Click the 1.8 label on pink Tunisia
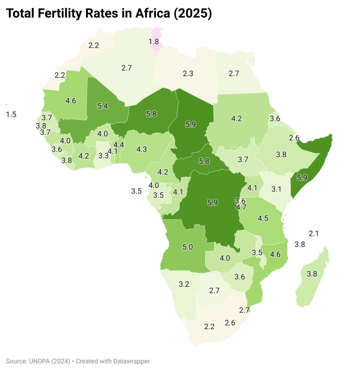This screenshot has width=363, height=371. pyautogui.click(x=154, y=42)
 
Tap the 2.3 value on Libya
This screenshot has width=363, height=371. pyautogui.click(x=188, y=74)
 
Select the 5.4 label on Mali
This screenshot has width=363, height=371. pyautogui.click(x=102, y=106)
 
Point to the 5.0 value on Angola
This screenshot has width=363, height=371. pyautogui.click(x=188, y=247)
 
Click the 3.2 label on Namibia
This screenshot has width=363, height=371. pyautogui.click(x=184, y=283)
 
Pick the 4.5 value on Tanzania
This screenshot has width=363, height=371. pyautogui.click(x=263, y=218)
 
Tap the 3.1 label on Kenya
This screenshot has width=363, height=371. pyautogui.click(x=276, y=189)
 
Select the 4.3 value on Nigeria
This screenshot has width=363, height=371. pyautogui.click(x=141, y=149)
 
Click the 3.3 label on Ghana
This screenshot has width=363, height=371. pyautogui.click(x=103, y=156)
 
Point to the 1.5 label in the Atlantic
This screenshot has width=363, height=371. pyautogui.click(x=11, y=115)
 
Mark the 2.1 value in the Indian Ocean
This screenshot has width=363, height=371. pyautogui.click(x=314, y=233)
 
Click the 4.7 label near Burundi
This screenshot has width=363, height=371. pyautogui.click(x=241, y=208)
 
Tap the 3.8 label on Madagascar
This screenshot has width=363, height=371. pyautogui.click(x=312, y=274)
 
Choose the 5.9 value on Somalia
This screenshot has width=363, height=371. pyautogui.click(x=302, y=177)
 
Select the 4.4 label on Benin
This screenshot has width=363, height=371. pyautogui.click(x=119, y=145)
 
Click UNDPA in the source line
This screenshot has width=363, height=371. pyautogui.click(x=40, y=361)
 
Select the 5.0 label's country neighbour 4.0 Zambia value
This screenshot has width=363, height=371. pyautogui.click(x=225, y=258)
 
